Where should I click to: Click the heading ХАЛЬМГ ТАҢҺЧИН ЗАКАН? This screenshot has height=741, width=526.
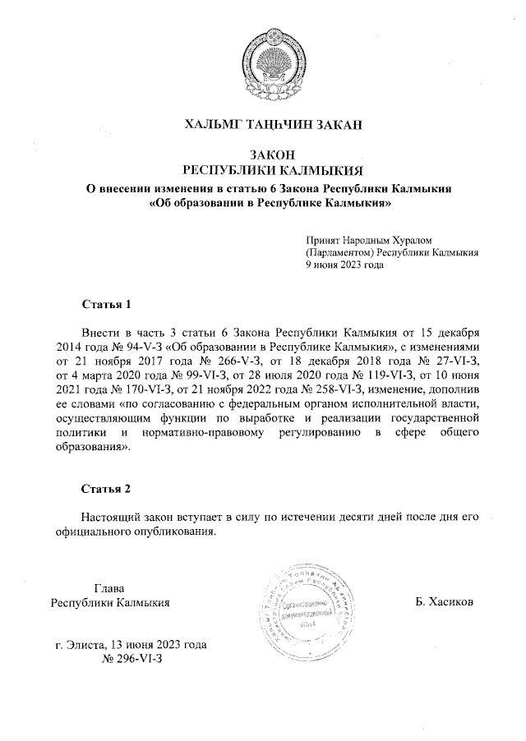(273, 125)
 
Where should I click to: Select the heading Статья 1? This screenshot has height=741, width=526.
(106, 305)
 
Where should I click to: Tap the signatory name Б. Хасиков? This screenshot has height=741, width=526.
(445, 602)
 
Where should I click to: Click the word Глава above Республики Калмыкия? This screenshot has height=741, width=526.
(109, 588)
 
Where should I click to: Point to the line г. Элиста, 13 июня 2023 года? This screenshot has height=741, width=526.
(131, 645)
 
